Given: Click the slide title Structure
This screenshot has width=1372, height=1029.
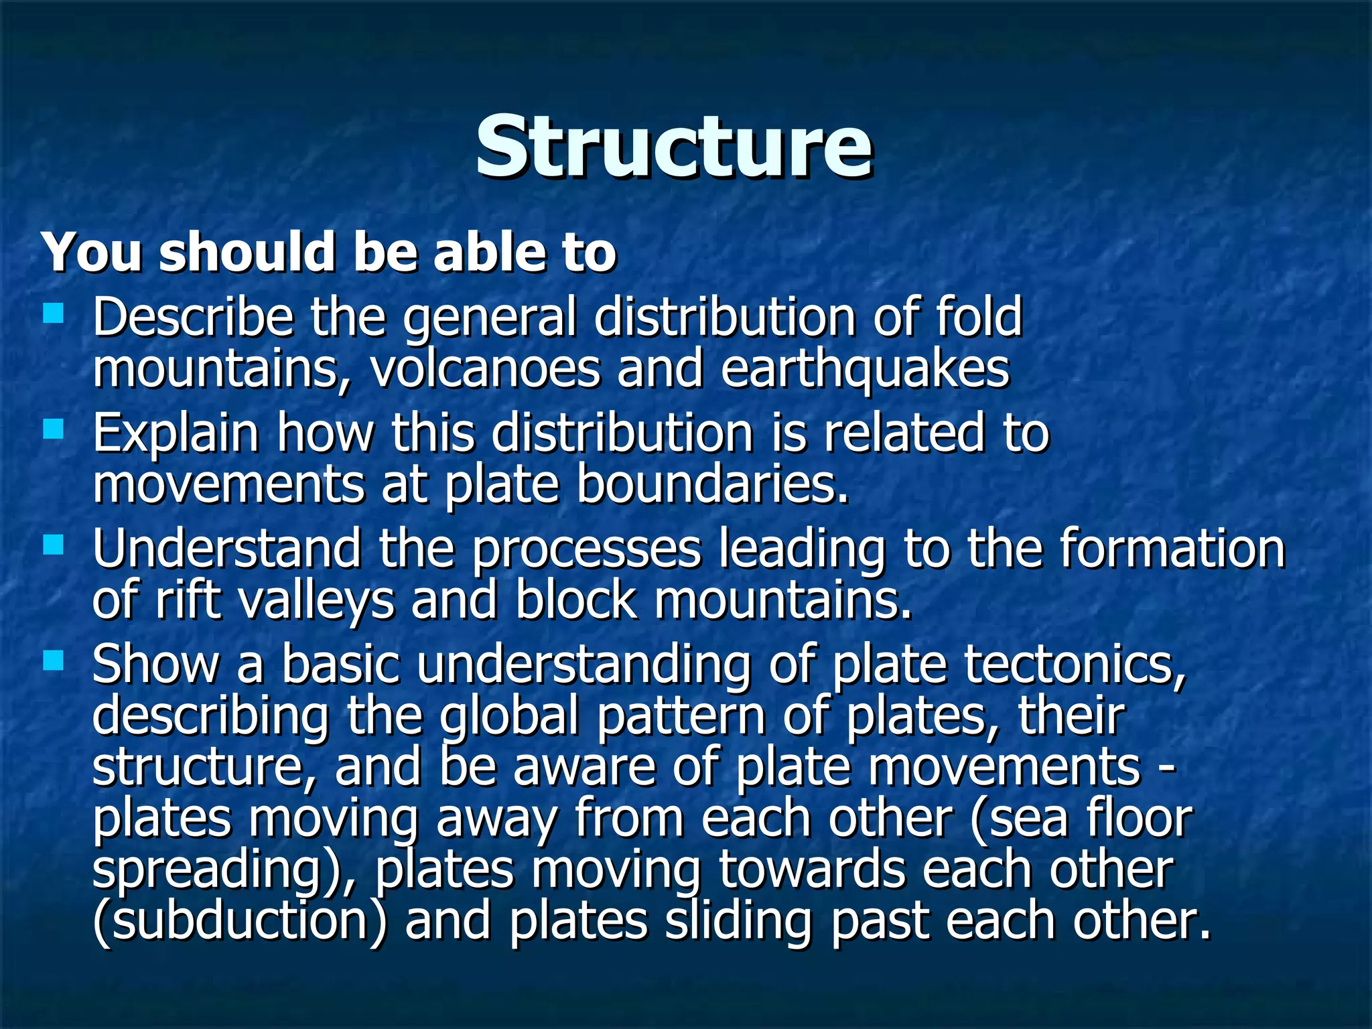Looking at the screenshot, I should point(674,146).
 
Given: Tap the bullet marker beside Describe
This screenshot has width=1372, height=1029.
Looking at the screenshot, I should point(53,313).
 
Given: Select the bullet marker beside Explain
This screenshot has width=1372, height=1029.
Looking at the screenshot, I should point(53,429).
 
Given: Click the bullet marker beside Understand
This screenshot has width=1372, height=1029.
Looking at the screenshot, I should point(53,545).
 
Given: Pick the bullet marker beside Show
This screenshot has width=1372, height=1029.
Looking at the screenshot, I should point(53,661).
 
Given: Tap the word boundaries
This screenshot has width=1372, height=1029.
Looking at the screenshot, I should point(712,485).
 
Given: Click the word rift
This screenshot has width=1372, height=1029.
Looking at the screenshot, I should point(188,600).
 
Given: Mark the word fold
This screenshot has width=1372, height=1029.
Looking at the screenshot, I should point(979,316).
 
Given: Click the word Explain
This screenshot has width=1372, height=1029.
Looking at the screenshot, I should point(176,433).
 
